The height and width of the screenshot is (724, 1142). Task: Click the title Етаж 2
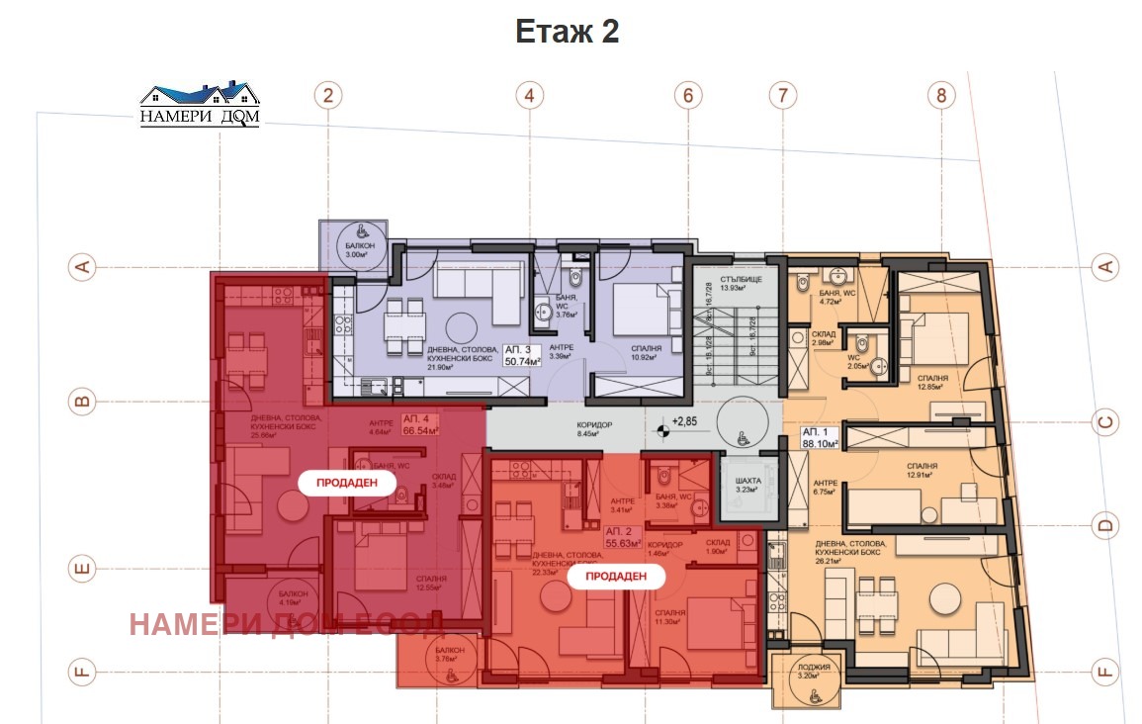[x=567, y=32]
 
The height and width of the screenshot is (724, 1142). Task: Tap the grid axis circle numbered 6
[x=688, y=96]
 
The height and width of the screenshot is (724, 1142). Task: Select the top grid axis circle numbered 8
[x=941, y=96]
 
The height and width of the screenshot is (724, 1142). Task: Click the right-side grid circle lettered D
[x=1105, y=524]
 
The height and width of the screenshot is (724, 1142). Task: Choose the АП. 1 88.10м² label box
[x=819, y=439]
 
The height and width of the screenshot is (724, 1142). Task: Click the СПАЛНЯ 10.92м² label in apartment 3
[x=647, y=353]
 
